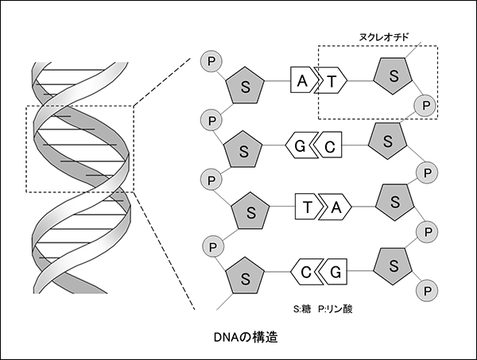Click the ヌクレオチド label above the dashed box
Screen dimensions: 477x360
(384, 37)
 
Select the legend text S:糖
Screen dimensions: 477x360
(302, 309)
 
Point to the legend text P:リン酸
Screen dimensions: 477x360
(335, 309)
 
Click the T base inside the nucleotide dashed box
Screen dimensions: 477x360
(332, 80)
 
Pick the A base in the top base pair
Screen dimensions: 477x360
(304, 80)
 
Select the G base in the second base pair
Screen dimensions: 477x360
(301, 145)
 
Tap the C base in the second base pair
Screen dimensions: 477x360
(328, 145)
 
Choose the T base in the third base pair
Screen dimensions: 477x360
(308, 207)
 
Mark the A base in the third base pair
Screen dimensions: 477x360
(335, 207)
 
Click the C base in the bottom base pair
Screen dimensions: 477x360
(306, 272)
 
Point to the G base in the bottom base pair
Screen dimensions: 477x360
(333, 272)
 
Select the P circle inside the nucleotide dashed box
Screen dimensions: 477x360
(425, 106)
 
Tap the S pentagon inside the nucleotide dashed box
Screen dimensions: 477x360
(393, 76)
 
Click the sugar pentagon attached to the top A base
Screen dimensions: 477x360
(245, 86)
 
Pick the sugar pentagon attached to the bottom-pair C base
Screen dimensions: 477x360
(245, 276)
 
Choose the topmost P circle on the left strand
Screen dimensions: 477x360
(211, 61)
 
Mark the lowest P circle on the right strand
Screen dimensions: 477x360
(427, 291)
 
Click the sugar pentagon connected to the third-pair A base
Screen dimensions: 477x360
(394, 203)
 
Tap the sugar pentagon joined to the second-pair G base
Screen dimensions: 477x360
(243, 149)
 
